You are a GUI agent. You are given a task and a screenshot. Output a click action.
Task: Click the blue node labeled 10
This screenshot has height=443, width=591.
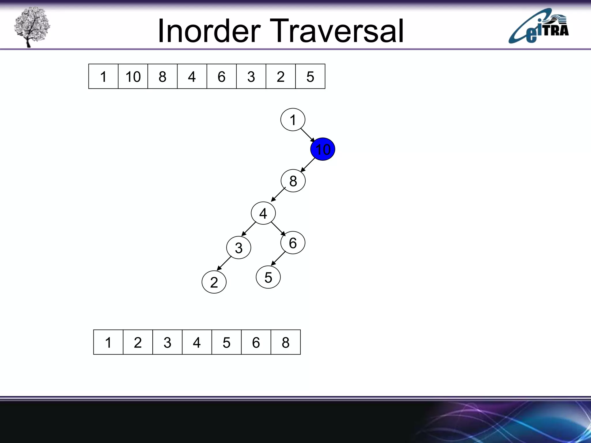click(x=323, y=149)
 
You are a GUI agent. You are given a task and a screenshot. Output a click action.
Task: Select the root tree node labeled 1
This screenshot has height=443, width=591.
click(x=293, y=120)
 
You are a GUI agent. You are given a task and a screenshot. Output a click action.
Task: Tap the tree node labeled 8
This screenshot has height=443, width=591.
click(x=293, y=181)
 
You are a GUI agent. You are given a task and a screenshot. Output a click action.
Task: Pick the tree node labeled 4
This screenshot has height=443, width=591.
click(x=263, y=213)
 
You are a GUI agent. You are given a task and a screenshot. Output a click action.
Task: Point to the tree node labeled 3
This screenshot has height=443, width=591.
click(x=239, y=247)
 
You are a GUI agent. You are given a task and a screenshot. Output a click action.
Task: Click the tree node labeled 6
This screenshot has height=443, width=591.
click(x=293, y=243)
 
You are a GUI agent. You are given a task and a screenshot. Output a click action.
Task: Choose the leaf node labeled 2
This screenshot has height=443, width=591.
click(x=214, y=282)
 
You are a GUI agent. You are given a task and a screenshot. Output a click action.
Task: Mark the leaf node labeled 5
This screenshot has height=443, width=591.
click(x=268, y=277)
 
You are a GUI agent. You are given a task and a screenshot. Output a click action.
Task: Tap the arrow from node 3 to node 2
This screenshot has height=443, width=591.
click(x=224, y=263)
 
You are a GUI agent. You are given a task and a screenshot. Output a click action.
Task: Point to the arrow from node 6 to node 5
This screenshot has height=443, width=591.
click(x=278, y=258)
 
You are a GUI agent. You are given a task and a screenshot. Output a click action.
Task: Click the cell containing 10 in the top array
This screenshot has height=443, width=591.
click(x=133, y=76)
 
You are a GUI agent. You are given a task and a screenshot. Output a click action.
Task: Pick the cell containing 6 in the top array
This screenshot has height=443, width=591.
click(x=221, y=76)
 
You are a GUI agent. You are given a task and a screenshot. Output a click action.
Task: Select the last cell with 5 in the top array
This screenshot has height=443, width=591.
click(x=310, y=76)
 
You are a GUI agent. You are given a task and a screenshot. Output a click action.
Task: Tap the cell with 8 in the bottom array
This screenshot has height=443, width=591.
click(x=285, y=342)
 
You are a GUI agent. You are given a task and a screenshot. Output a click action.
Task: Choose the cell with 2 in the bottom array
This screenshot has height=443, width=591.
click(x=138, y=342)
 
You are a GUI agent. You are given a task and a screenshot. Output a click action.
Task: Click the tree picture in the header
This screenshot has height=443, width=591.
click(x=32, y=27)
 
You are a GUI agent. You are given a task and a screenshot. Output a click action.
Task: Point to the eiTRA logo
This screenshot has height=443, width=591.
click(x=538, y=27)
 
